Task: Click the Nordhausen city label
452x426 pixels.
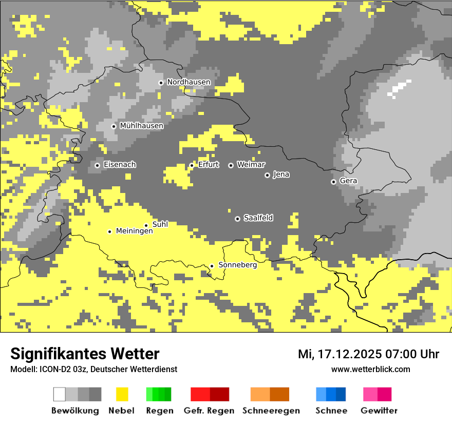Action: [189, 82]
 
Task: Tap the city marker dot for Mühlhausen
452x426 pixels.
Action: [114, 126]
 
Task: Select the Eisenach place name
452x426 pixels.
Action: [120, 165]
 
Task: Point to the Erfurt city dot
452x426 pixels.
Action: [192, 165]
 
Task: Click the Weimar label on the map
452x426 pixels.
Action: [251, 165]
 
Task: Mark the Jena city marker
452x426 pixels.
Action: [267, 175]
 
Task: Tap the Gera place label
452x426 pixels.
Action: [348, 181]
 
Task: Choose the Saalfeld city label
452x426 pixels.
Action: [258, 218]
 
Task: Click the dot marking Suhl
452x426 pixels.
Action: [146, 225]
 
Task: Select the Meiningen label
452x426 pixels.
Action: [134, 231]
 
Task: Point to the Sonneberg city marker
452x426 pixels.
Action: [212, 266]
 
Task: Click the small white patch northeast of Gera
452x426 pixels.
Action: [399, 89]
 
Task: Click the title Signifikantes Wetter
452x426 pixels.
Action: [85, 354]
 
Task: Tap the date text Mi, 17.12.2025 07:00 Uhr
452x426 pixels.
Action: [368, 354]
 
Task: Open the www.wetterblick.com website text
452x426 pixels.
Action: [370, 370]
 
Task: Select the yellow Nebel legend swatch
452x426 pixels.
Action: [122, 394]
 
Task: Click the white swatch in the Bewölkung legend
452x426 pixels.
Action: [59, 394]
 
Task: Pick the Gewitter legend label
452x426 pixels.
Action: [379, 411]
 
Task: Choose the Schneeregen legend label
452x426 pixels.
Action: [271, 411]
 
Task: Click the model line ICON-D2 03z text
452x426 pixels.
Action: [93, 370]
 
